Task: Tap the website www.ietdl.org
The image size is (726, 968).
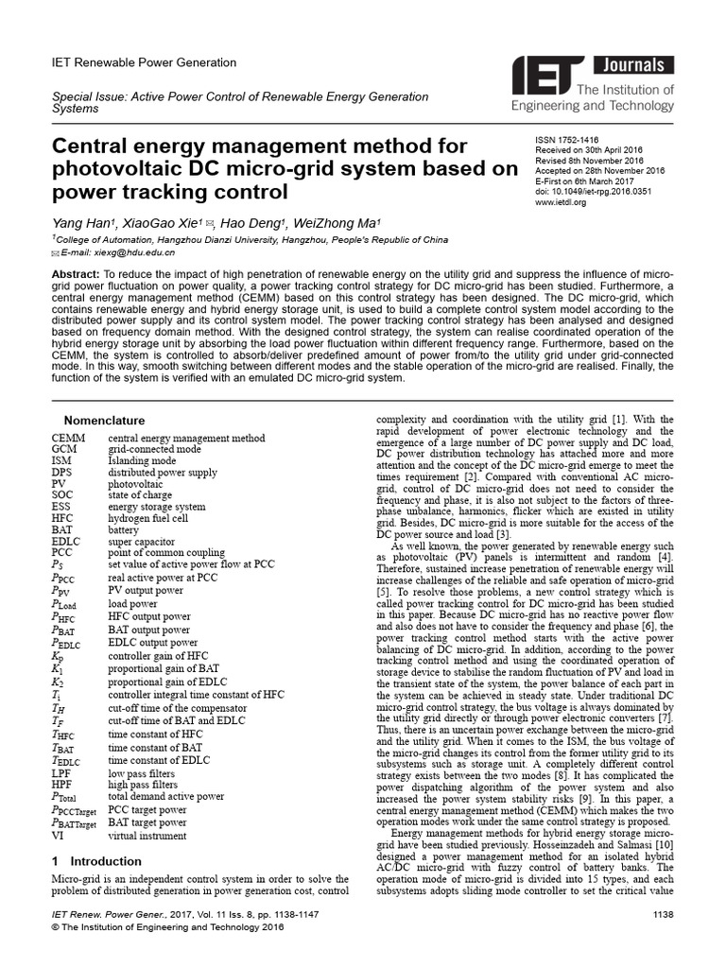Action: (562, 201)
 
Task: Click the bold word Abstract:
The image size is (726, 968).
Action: (80, 273)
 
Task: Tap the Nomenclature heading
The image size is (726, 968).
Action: (104, 421)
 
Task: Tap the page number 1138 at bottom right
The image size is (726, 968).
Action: (663, 914)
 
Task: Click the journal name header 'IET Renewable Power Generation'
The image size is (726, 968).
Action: (143, 63)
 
